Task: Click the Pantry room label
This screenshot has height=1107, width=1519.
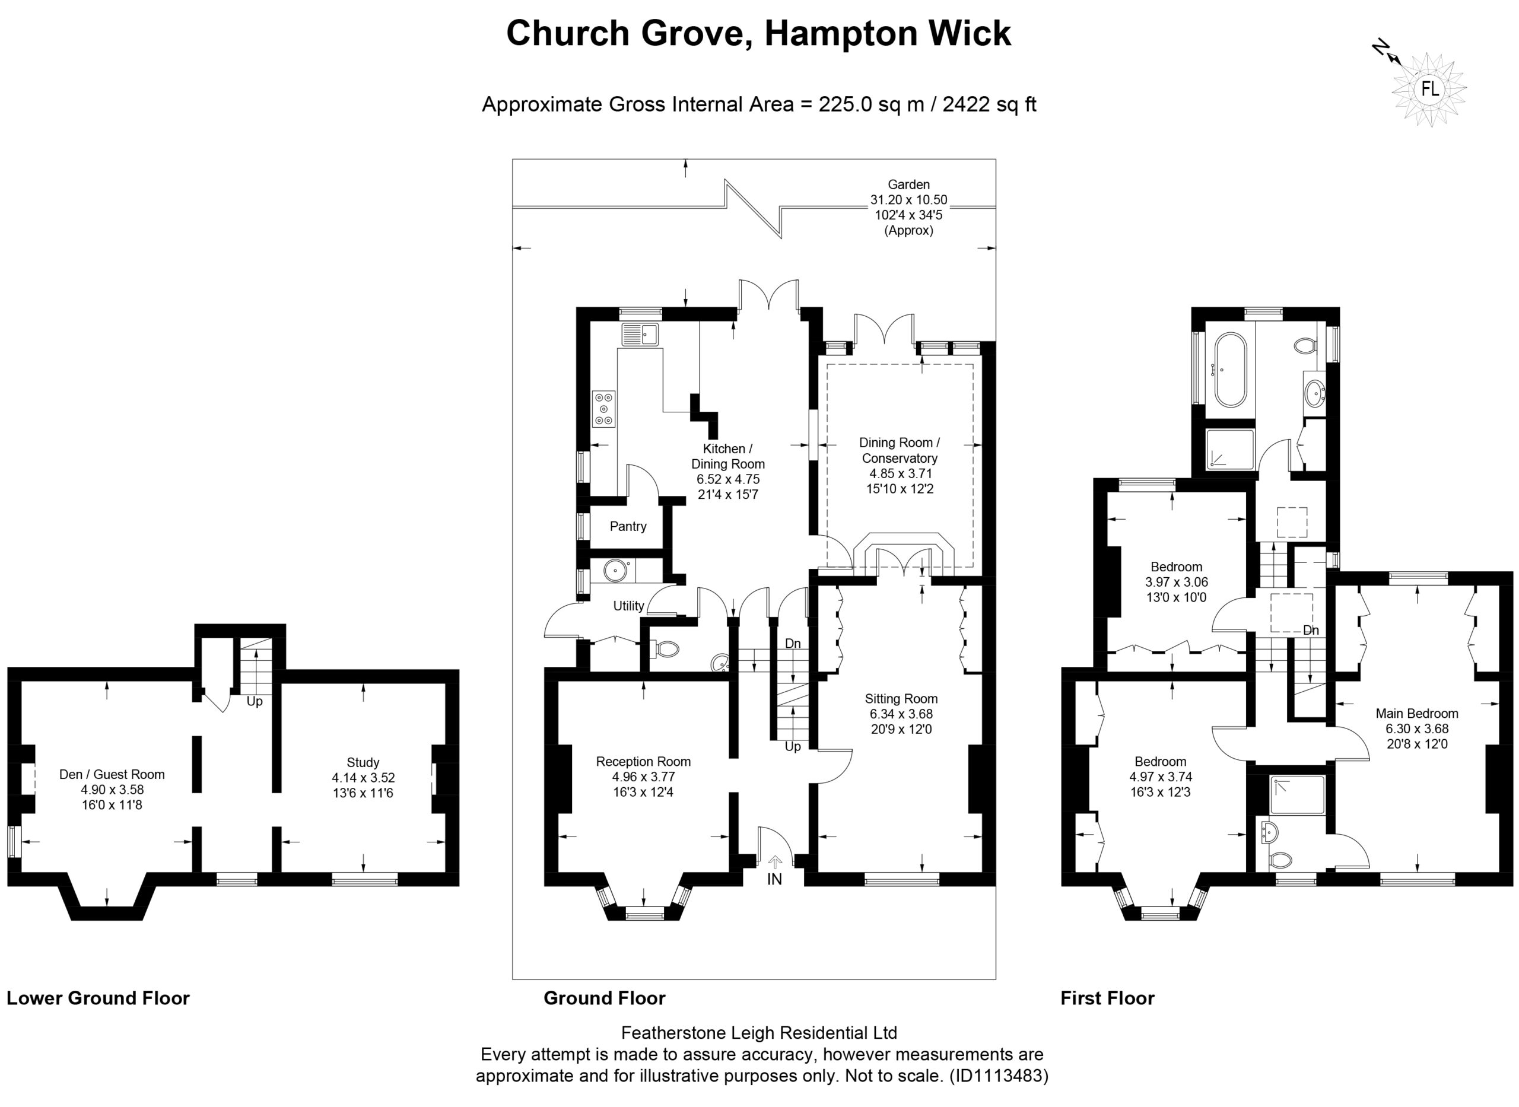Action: pyautogui.click(x=628, y=527)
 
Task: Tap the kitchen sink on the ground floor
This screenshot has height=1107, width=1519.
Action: pyautogui.click(x=641, y=334)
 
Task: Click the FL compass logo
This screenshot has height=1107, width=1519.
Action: pyautogui.click(x=1429, y=90)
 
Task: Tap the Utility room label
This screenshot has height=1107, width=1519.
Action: pyautogui.click(x=628, y=606)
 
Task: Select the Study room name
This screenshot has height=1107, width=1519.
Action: pyautogui.click(x=363, y=762)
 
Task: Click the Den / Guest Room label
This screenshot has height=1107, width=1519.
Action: pyautogui.click(x=112, y=775)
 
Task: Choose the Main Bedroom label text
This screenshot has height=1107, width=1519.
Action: pyautogui.click(x=1417, y=714)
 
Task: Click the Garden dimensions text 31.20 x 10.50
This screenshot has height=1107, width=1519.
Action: pyautogui.click(x=908, y=200)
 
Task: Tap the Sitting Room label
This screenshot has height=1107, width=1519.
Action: pyautogui.click(x=901, y=699)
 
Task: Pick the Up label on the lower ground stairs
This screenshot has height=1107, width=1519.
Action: pyautogui.click(x=255, y=702)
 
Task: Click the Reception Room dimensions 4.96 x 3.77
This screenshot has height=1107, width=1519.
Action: pyautogui.click(x=643, y=777)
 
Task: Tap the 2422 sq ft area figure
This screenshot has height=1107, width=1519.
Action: pyautogui.click(x=990, y=104)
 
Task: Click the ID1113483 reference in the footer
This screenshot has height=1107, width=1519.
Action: pyautogui.click(x=999, y=1076)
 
